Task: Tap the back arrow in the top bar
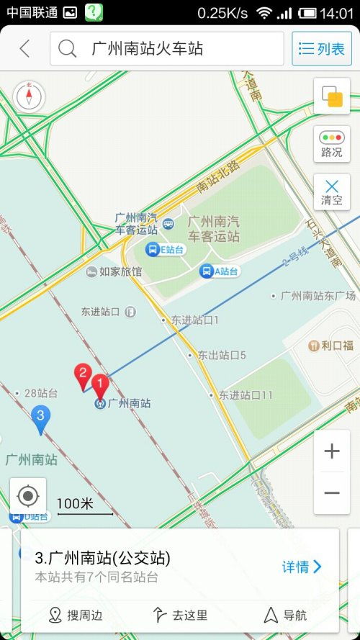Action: [25, 49]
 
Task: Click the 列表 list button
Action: [321, 49]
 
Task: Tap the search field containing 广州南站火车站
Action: [167, 49]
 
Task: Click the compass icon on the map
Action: [30, 96]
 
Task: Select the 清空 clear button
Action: [332, 191]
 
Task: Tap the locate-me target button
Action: [28, 496]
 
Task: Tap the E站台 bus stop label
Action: [165, 250]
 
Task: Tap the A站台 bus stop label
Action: [219, 271]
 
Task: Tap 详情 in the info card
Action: [301, 567]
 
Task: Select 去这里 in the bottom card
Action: [181, 615]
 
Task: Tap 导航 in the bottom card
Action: [286, 615]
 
